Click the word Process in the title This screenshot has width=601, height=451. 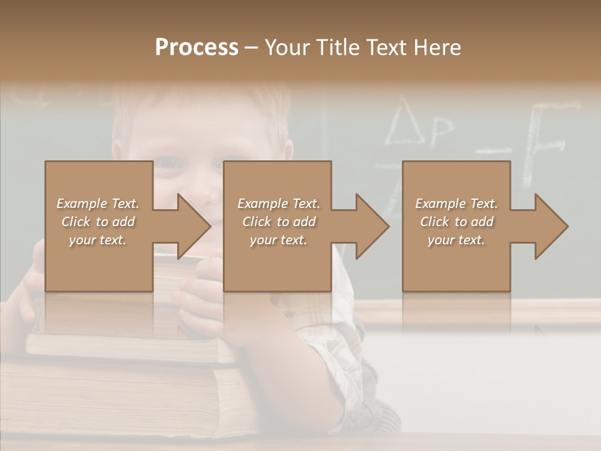pos(197,48)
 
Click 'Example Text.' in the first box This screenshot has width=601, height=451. pos(98,204)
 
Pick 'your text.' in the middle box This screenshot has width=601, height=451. pos(278,240)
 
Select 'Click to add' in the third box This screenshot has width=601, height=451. pos(457,222)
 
